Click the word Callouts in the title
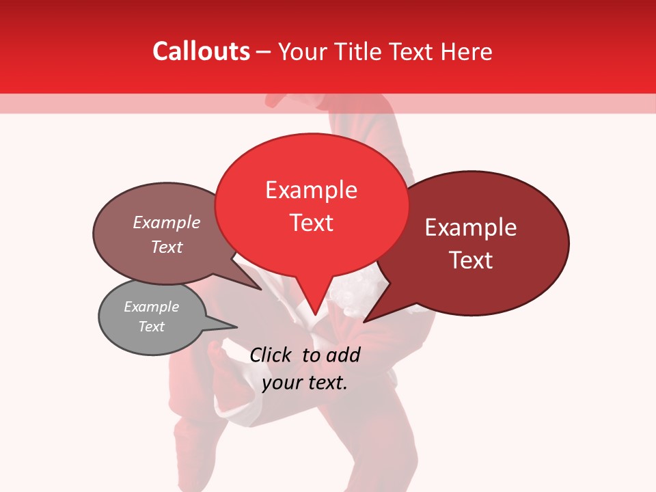click(201, 51)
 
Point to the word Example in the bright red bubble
click(311, 190)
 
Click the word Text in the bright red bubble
click(311, 223)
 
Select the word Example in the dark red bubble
click(471, 228)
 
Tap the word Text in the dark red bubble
click(471, 260)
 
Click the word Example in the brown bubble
click(167, 222)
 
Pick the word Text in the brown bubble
click(167, 247)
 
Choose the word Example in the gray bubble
click(152, 307)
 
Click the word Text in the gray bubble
click(152, 327)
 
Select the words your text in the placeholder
click(305, 383)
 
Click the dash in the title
click(264, 52)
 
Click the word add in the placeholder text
click(343, 355)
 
